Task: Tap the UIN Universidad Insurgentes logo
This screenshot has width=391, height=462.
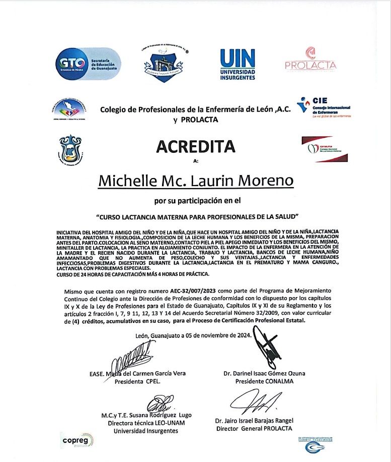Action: [238, 64]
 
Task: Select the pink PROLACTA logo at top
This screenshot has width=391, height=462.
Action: [310, 60]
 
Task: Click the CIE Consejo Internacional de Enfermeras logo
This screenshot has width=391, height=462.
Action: [324, 107]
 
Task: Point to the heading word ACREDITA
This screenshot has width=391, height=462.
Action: [196, 146]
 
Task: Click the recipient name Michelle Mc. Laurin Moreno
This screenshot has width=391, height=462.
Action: [196, 180]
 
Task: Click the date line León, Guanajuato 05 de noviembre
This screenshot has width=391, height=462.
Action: [193, 335]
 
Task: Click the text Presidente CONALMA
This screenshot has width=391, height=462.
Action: [264, 381]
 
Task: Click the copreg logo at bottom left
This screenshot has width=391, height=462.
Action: [77, 440]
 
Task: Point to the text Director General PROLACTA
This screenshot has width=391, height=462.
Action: [254, 428]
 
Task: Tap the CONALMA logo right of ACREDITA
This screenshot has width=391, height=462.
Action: [324, 149]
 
